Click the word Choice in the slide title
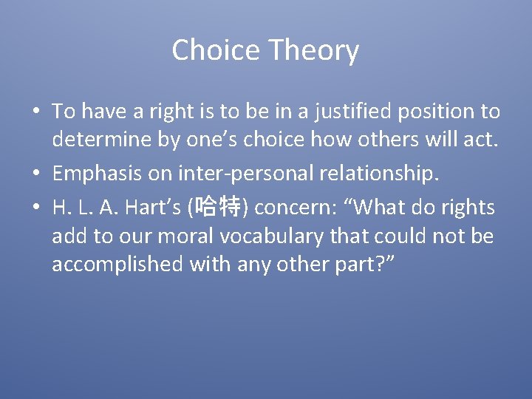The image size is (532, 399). (x=216, y=51)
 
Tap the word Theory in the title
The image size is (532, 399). (x=313, y=51)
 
